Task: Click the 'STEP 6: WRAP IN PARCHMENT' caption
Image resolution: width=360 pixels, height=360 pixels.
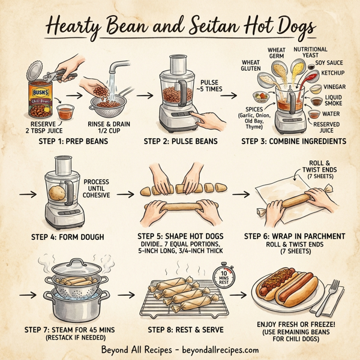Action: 294,236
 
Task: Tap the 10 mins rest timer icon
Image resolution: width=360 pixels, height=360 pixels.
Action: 223,278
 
